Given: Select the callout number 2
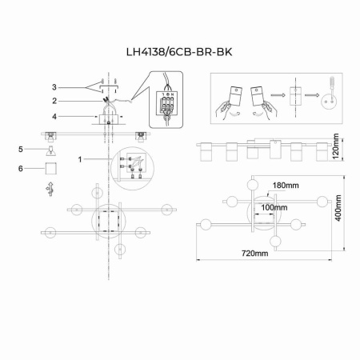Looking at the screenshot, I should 54,102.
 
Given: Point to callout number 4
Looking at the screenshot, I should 54,118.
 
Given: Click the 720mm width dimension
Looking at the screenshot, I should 254,254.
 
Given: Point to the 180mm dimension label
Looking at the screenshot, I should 285,186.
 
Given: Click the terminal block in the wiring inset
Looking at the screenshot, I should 166,103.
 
